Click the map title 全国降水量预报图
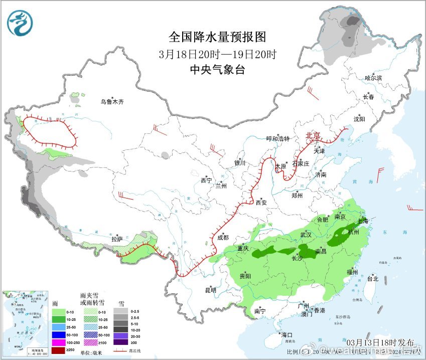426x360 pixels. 217,37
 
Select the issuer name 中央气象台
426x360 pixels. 217,70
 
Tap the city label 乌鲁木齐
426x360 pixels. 111,102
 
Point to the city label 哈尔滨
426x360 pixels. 373,78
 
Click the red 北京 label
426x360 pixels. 314,135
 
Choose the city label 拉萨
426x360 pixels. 117,240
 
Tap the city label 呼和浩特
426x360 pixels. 277,139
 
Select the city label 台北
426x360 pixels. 373,279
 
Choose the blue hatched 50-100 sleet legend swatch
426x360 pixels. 89,333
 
